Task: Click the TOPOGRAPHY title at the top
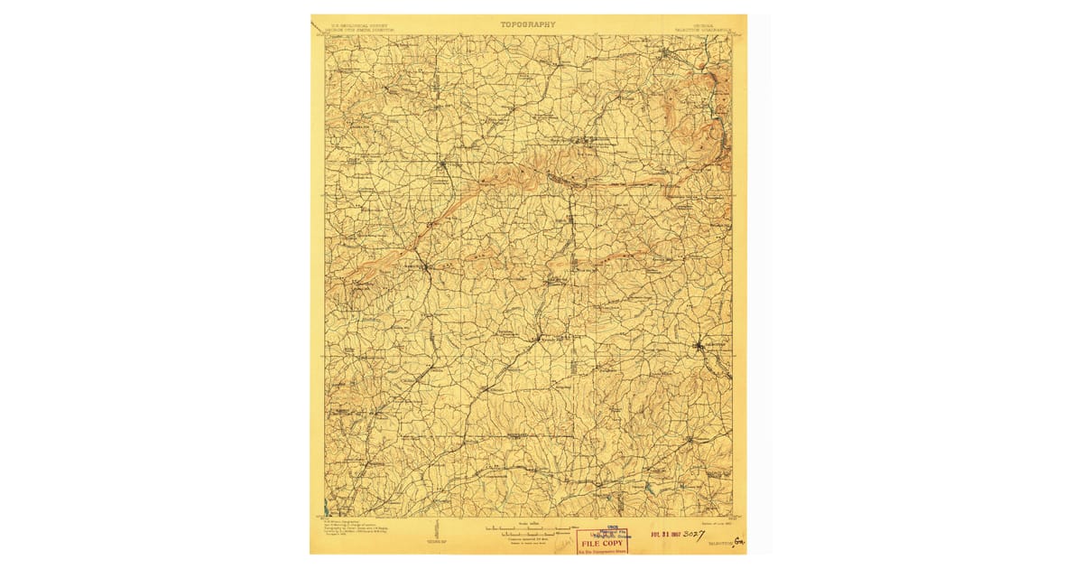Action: (528, 24)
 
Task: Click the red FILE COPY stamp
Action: (602, 543)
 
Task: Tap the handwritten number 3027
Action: (699, 533)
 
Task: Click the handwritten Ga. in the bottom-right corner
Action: (740, 542)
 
